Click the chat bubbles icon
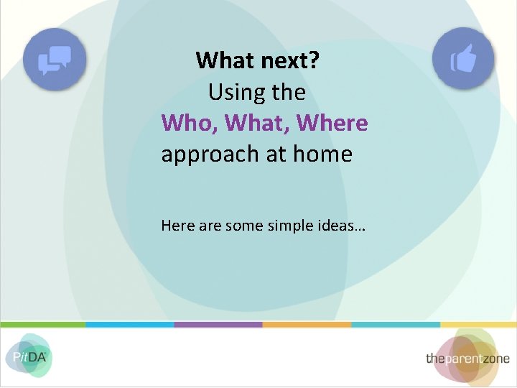55,59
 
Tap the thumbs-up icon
463,59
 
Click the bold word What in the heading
225,60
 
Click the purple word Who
189,123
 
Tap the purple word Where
332,123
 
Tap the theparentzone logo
467,357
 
